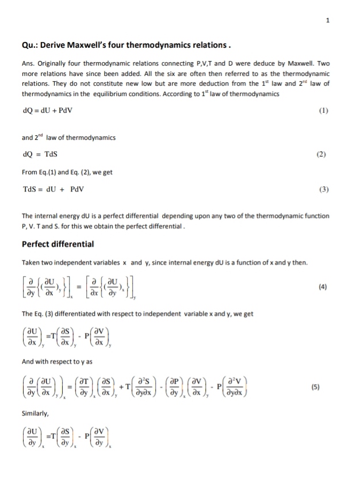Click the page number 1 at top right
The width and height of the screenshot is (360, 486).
(x=327, y=21)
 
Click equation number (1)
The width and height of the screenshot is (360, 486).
(x=323, y=110)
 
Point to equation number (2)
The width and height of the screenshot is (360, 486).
(x=323, y=154)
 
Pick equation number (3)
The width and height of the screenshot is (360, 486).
(x=323, y=189)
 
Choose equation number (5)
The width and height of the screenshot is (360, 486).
(x=323, y=386)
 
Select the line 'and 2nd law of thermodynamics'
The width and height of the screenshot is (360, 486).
(x=68, y=137)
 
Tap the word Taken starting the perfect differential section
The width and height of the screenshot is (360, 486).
(x=32, y=263)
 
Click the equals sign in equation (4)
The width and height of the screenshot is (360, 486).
(x=81, y=285)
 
